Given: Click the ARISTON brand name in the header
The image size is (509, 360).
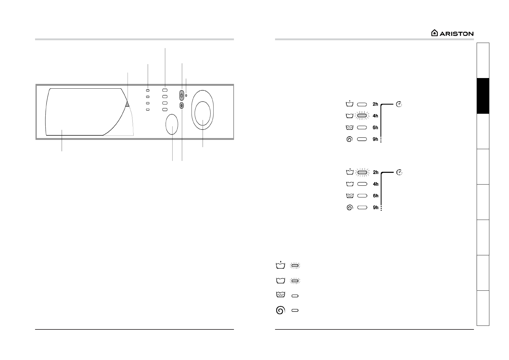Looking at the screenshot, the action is (456, 34).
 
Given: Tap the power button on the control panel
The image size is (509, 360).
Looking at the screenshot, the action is (182, 96).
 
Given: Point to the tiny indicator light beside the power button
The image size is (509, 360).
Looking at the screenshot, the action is (186, 96).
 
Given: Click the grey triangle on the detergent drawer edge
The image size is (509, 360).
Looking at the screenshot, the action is (127, 104).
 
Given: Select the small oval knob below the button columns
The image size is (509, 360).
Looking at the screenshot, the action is (172, 124).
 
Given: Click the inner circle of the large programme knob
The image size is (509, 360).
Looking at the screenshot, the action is (203, 113).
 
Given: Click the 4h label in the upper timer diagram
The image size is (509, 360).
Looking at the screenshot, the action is (375, 116).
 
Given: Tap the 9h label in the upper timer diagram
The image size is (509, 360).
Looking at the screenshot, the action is (375, 139).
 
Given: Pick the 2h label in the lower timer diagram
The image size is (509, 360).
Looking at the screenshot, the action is (376, 172).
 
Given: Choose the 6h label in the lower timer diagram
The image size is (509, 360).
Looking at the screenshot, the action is (376, 196).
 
